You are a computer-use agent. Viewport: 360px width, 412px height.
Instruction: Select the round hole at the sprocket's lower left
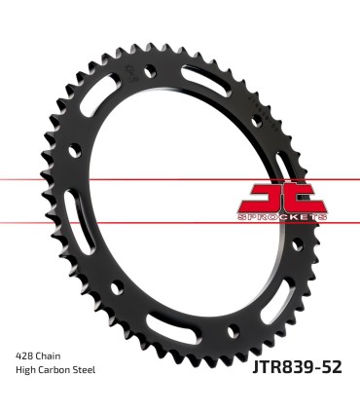pyautogui.click(x=116, y=288)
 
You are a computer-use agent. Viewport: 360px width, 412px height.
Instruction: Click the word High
pyautogui.click(x=26, y=372)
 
